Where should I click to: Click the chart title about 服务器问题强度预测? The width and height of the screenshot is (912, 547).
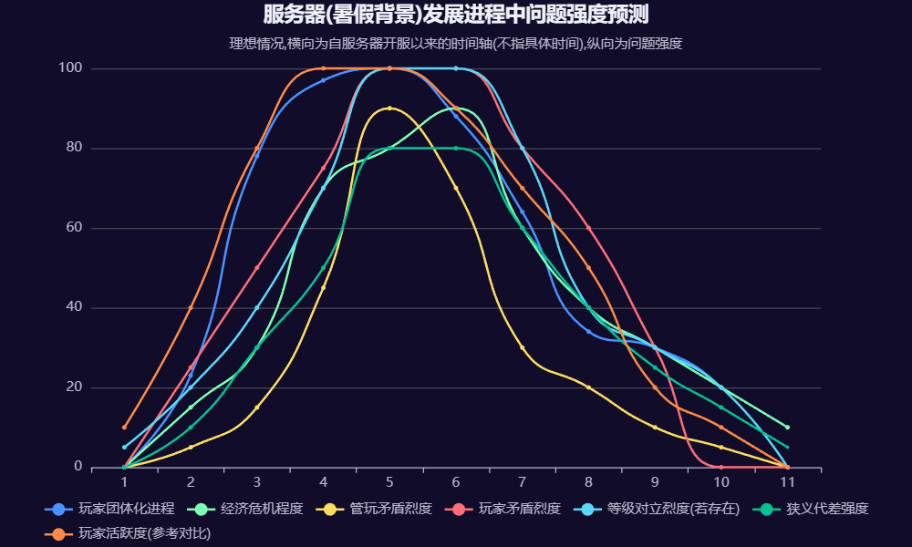456,15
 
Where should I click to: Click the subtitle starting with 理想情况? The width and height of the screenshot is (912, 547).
456,43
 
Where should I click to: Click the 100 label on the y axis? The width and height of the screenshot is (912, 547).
70,68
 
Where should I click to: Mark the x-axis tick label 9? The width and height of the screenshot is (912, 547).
655,481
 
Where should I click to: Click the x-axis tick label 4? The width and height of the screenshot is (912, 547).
323,481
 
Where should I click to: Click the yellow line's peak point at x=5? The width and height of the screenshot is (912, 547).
389,108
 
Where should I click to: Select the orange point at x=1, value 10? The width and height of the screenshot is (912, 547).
124,427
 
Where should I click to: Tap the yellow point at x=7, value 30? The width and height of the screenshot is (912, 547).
523,347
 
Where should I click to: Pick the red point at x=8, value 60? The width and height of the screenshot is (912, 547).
588,228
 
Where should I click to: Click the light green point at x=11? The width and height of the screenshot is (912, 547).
787,427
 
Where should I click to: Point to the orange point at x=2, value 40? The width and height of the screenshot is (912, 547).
191,307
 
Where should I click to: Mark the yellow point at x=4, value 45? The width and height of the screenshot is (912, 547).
323,288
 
